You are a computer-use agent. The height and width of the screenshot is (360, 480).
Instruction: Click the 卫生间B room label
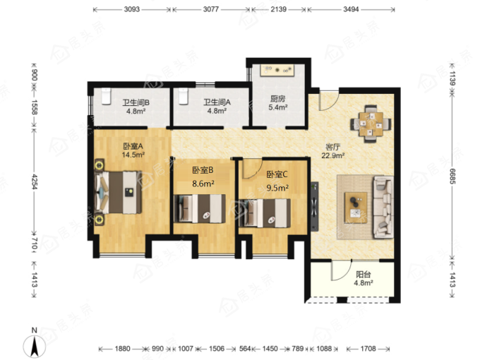click(136, 102)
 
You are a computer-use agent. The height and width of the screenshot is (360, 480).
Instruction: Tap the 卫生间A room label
click(217, 102)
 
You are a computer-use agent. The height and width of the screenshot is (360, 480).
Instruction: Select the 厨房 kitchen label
click(277, 99)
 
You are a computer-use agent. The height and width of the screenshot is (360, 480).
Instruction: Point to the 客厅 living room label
click(332, 147)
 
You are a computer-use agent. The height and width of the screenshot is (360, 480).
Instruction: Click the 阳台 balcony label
click(363, 275)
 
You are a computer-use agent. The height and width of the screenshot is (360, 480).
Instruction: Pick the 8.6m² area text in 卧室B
click(203, 184)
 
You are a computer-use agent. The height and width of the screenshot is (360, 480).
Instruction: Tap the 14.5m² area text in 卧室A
click(133, 155)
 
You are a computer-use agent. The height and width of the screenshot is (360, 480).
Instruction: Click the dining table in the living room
click(371, 124)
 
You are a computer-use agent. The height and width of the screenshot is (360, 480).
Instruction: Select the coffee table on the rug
click(356, 208)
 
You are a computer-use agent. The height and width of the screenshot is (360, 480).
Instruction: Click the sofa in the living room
click(383, 207)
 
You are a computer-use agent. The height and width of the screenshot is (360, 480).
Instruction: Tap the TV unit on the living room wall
click(314, 206)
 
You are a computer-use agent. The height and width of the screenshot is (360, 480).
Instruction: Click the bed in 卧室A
click(118, 192)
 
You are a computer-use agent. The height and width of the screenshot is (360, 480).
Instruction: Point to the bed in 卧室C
click(265, 213)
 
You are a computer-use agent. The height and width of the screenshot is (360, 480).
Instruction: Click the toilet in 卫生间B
click(106, 96)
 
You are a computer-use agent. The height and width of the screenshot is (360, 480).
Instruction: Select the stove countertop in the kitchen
click(277, 71)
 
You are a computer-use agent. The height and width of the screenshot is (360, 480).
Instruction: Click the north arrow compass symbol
click(35, 344)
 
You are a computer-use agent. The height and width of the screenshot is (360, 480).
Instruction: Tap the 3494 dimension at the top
click(351, 9)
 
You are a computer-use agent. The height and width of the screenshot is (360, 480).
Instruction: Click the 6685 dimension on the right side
click(452, 176)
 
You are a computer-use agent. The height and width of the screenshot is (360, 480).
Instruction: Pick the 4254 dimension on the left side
click(34, 182)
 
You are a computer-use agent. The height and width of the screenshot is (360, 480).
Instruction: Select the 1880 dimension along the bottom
click(122, 349)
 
